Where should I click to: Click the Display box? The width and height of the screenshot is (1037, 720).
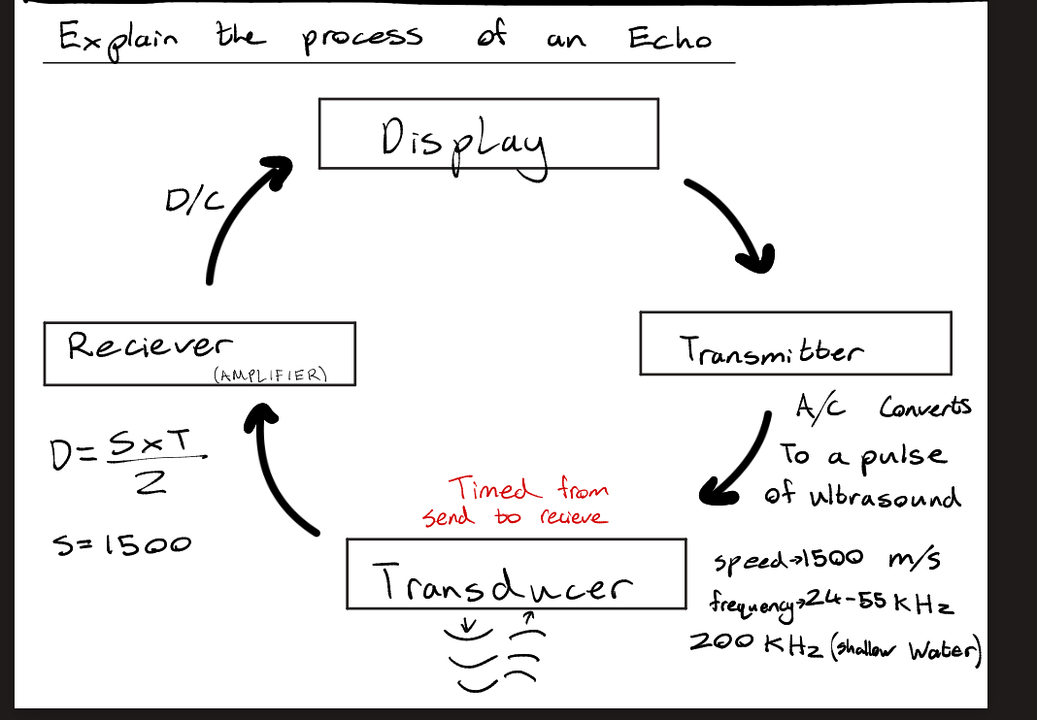click(488, 134)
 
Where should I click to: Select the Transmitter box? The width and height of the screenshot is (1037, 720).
click(794, 344)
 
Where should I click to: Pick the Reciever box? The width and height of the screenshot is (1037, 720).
click(199, 353)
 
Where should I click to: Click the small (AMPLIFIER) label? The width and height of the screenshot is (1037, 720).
click(268, 376)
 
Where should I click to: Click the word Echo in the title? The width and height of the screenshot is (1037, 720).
click(669, 39)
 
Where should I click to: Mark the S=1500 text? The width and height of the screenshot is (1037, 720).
click(121, 544)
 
